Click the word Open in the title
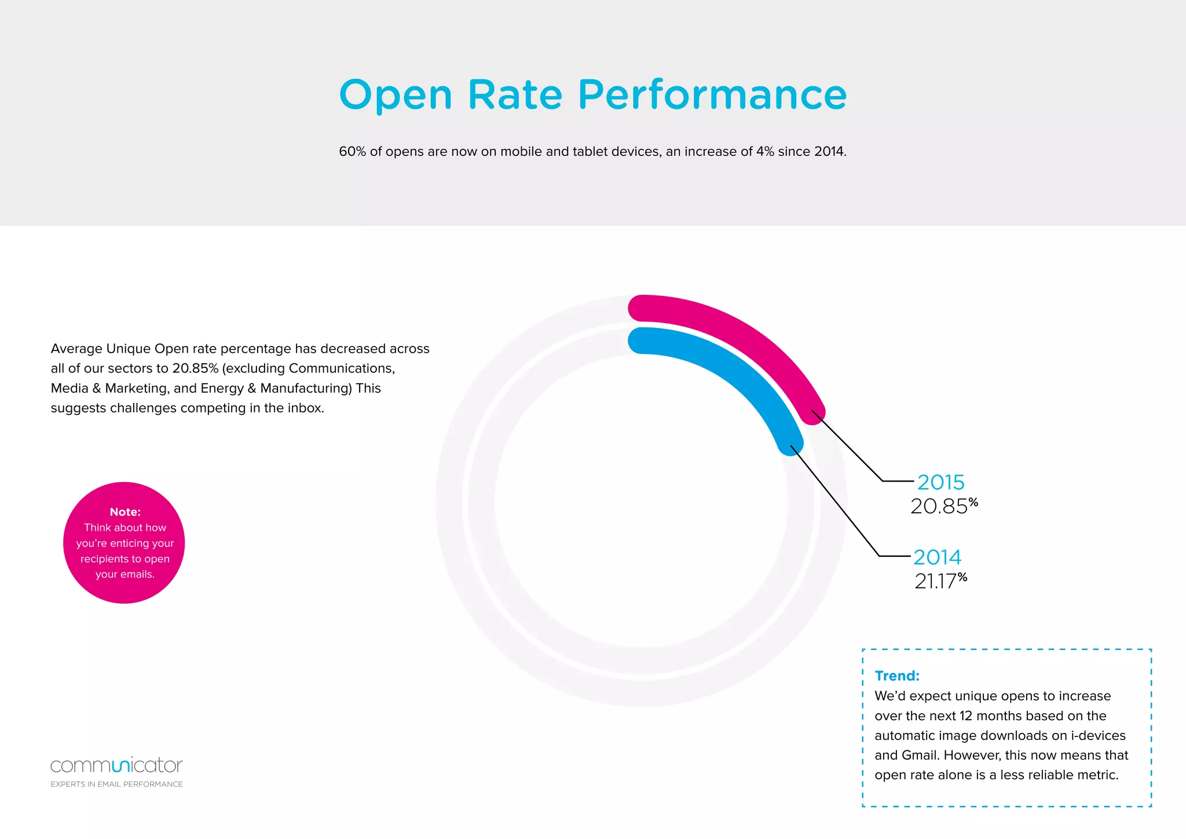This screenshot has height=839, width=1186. pos(395,96)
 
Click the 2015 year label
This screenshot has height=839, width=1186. pos(941,482)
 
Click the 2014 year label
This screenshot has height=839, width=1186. pos(937,557)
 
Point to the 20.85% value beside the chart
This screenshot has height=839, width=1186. pos(943,506)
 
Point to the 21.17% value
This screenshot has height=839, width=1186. pos(940,581)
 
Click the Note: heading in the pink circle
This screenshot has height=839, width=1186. pos(125,512)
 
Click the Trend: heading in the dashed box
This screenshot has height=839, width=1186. pos(897,676)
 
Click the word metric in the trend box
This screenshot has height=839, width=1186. pos(1097,775)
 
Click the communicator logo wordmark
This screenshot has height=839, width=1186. pos(116,765)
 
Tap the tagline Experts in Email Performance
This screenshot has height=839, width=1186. pos(116,784)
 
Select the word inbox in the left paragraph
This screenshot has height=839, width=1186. pos(305,408)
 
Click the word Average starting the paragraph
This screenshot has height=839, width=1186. pos(76,349)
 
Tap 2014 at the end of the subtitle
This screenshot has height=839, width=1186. pos(830,152)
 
